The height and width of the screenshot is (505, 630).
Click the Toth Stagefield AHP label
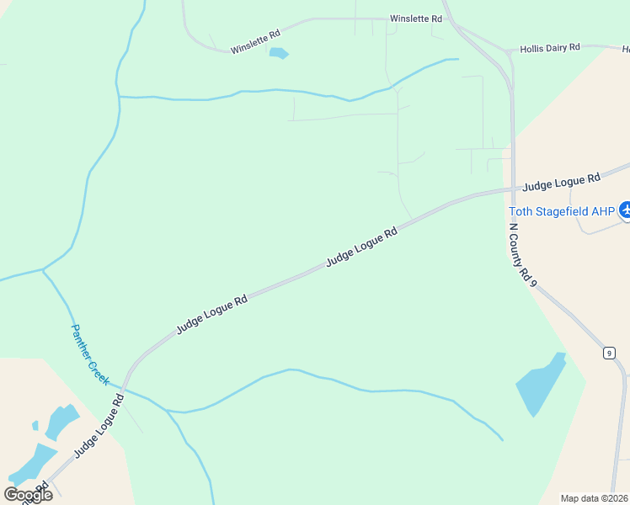click(562, 211)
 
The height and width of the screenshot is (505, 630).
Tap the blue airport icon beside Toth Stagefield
click(626, 210)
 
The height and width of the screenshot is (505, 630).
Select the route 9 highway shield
click(608, 353)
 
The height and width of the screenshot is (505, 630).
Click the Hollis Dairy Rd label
click(550, 48)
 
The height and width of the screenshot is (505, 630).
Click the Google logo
click(28, 494)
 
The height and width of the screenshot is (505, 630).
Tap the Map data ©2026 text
click(594, 497)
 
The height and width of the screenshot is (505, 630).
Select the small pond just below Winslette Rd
click(278, 54)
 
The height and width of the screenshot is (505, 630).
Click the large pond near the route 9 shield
click(539, 385)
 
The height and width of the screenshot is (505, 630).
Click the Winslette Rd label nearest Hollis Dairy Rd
click(415, 19)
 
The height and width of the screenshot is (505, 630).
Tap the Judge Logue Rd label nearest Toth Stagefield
click(561, 181)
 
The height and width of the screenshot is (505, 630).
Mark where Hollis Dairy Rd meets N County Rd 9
click(509, 50)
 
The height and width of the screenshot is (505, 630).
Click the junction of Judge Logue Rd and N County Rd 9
click(513, 190)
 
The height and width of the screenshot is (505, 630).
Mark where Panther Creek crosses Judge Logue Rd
click(126, 390)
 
